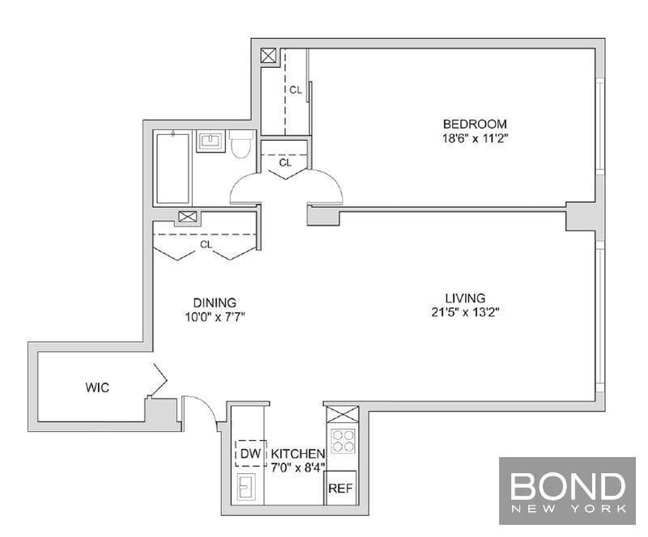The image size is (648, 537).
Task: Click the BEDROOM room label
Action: point(475,124)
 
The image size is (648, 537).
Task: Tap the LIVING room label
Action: point(465,298)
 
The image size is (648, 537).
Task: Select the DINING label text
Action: point(215,302)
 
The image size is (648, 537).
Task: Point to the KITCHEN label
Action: point(298,454)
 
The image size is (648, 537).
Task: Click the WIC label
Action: point(97,387)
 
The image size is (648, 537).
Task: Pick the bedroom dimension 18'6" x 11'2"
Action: point(475,138)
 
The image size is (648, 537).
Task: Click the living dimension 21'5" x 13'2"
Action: point(465,312)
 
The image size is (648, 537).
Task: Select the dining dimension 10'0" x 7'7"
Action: point(215,317)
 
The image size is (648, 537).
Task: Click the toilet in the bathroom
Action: point(241,145)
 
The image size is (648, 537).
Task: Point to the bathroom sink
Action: point(211,142)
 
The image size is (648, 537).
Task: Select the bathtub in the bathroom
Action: point(173,167)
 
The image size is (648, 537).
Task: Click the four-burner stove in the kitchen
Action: point(343,441)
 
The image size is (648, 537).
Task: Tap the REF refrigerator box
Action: point(340,488)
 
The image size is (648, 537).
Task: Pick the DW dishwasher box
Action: point(251,454)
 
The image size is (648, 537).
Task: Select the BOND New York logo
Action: point(568,491)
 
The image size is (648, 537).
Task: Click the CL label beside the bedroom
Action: point(296,90)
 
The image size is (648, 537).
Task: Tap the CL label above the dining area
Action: point(207,244)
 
